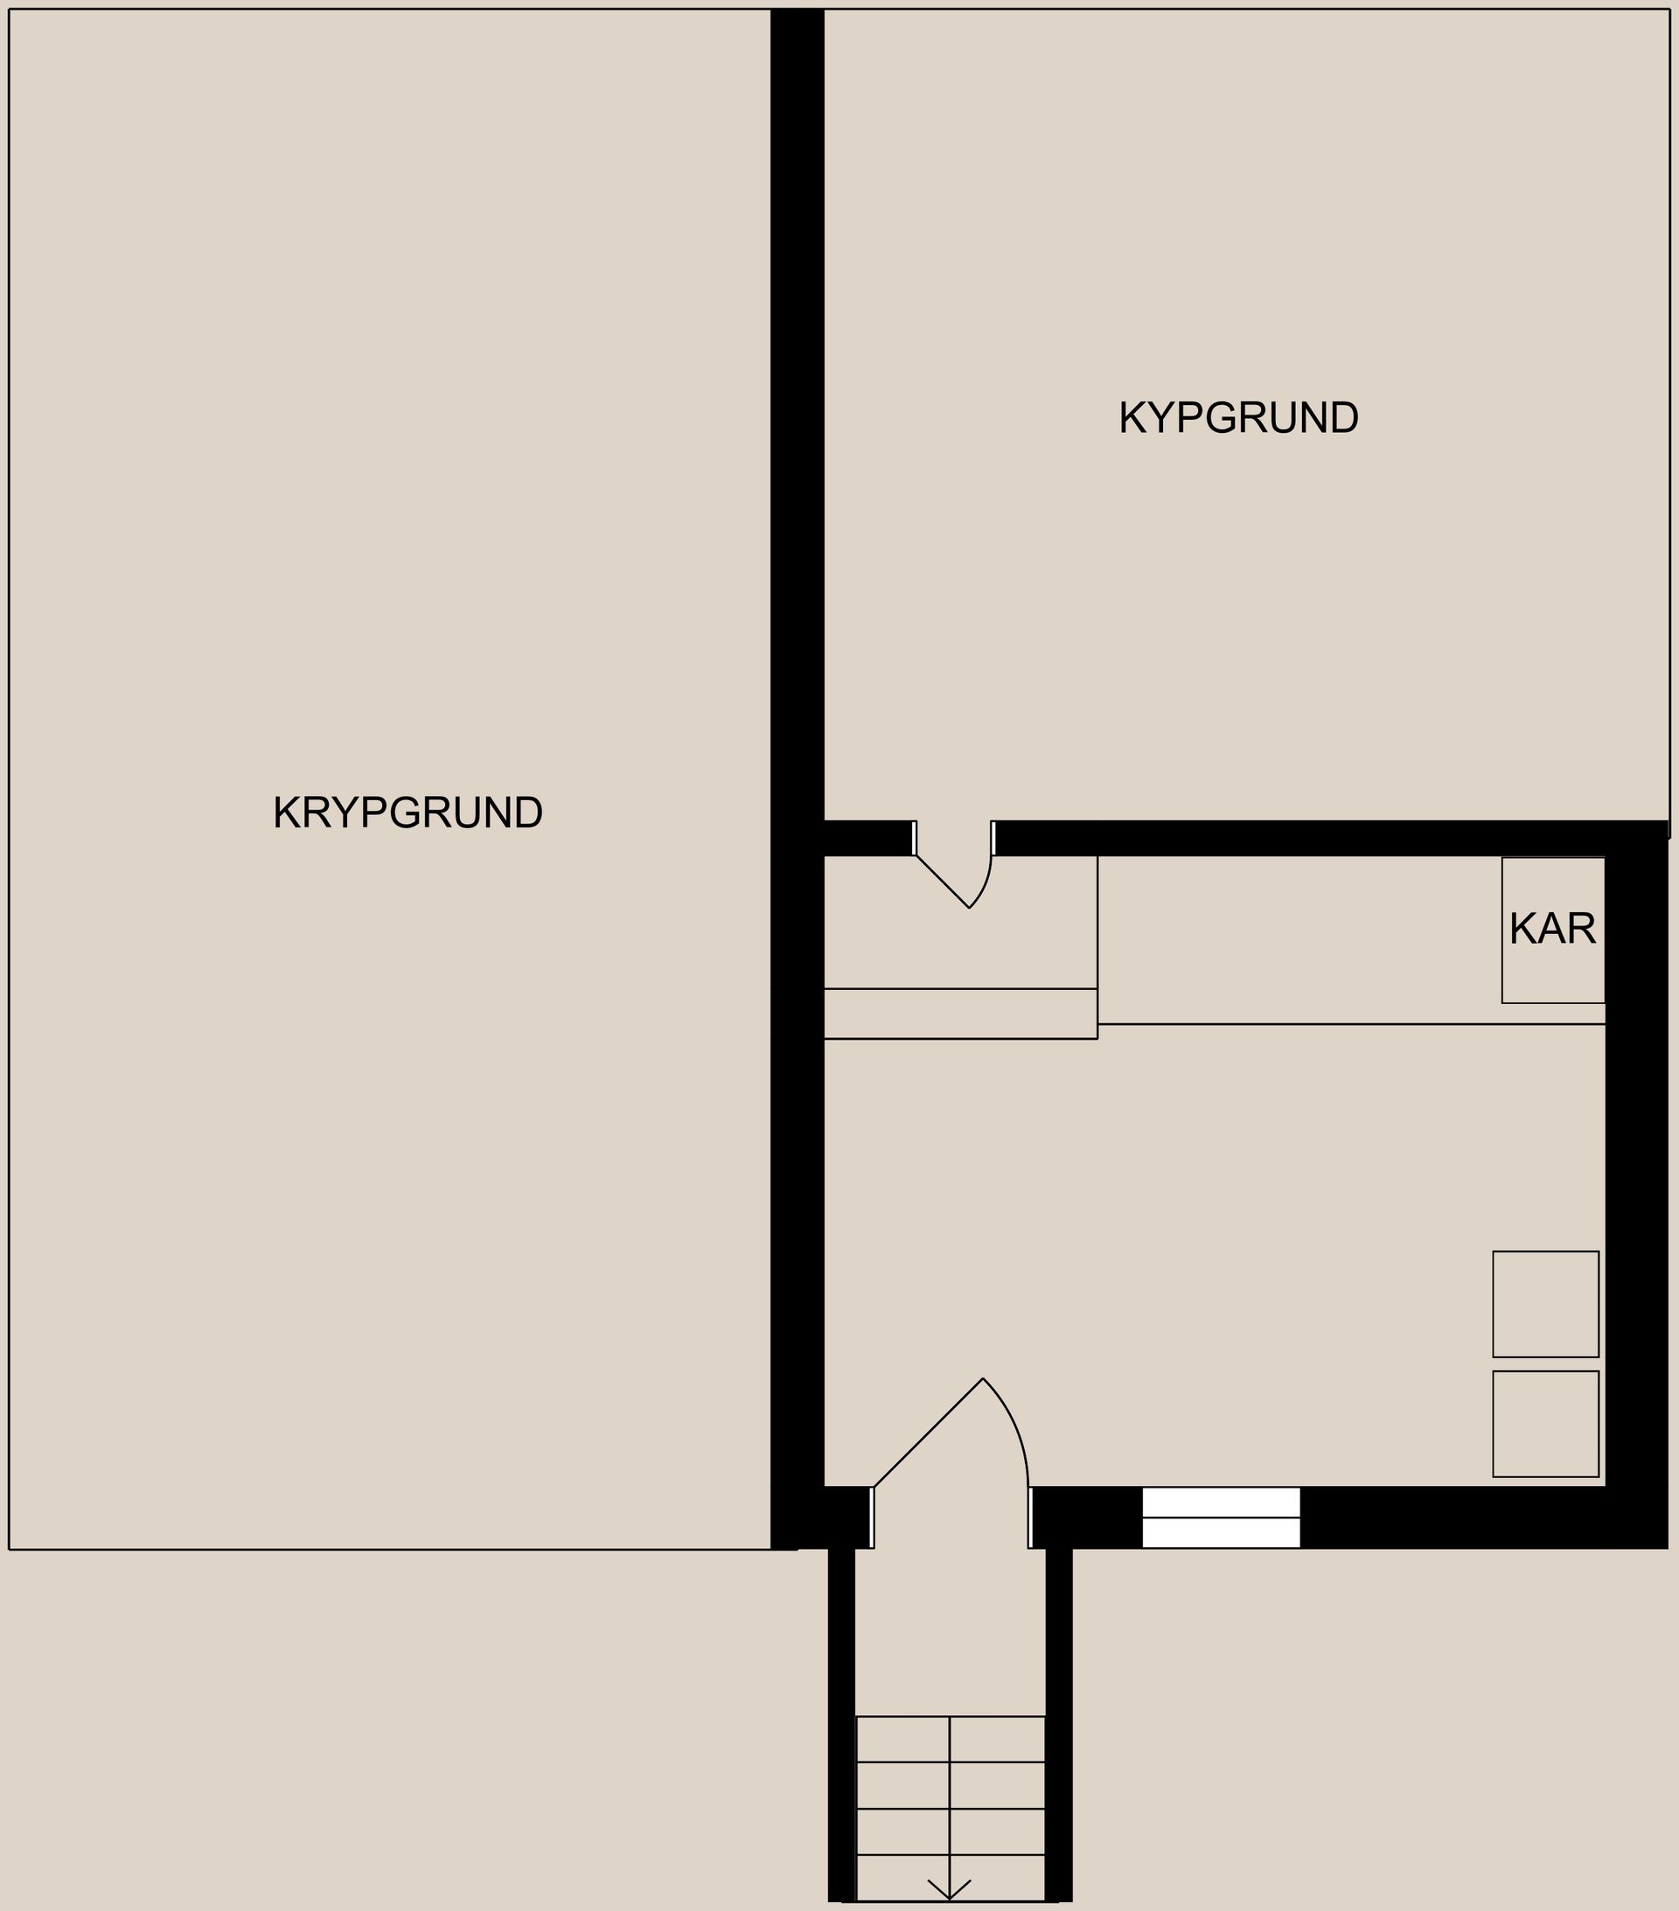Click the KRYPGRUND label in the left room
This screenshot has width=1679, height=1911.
408,813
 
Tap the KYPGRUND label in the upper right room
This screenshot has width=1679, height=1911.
1238,418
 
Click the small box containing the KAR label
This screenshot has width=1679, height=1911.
1553,973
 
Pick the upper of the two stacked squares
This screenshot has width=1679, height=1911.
1545,1304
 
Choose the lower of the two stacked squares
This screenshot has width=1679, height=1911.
1545,1424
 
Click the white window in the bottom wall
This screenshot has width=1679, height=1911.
1221,1517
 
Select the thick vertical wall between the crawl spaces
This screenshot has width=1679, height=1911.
797,467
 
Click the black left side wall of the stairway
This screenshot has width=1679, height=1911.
841,1720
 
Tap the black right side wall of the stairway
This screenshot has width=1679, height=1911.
1058,1720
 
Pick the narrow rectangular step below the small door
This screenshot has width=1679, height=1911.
960,1014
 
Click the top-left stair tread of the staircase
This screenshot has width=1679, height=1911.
902,1739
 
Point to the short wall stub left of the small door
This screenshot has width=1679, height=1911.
867,838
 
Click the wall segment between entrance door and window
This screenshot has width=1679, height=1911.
1087,1517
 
